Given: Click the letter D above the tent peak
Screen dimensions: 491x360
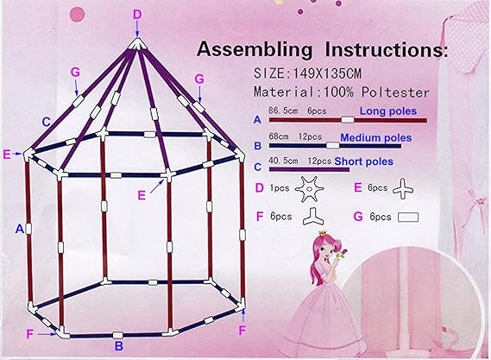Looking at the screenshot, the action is click(137, 15).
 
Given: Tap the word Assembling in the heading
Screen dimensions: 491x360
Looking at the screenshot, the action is click(255, 49).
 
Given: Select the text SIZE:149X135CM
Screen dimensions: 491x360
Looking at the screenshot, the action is click(307, 73).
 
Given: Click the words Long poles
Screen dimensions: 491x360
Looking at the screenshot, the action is click(388, 111).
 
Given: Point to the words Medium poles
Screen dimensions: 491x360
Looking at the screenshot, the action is click(375, 138).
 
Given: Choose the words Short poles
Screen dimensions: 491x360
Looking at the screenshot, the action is click(364, 161).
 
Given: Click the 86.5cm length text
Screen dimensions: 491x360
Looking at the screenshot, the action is click(283, 111).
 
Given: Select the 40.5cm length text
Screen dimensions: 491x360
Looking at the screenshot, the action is click(283, 161).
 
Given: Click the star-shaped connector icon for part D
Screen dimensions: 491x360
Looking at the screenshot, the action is click(309, 189).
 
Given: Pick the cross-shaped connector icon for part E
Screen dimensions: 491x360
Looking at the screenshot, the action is click(403, 189).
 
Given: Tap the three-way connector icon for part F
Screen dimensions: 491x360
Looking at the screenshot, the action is click(313, 217).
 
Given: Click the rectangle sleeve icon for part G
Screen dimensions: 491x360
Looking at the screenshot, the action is click(408, 218).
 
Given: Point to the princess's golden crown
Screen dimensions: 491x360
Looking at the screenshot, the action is click(322, 233).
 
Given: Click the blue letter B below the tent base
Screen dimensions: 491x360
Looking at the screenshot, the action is click(119, 346).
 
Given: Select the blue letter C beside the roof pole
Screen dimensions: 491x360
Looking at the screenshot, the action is click(46, 122).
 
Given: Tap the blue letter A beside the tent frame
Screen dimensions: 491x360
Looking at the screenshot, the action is click(19, 229).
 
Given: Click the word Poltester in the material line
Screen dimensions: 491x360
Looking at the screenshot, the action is click(395, 92).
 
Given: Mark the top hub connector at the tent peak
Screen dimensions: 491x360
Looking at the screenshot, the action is click(137, 44).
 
